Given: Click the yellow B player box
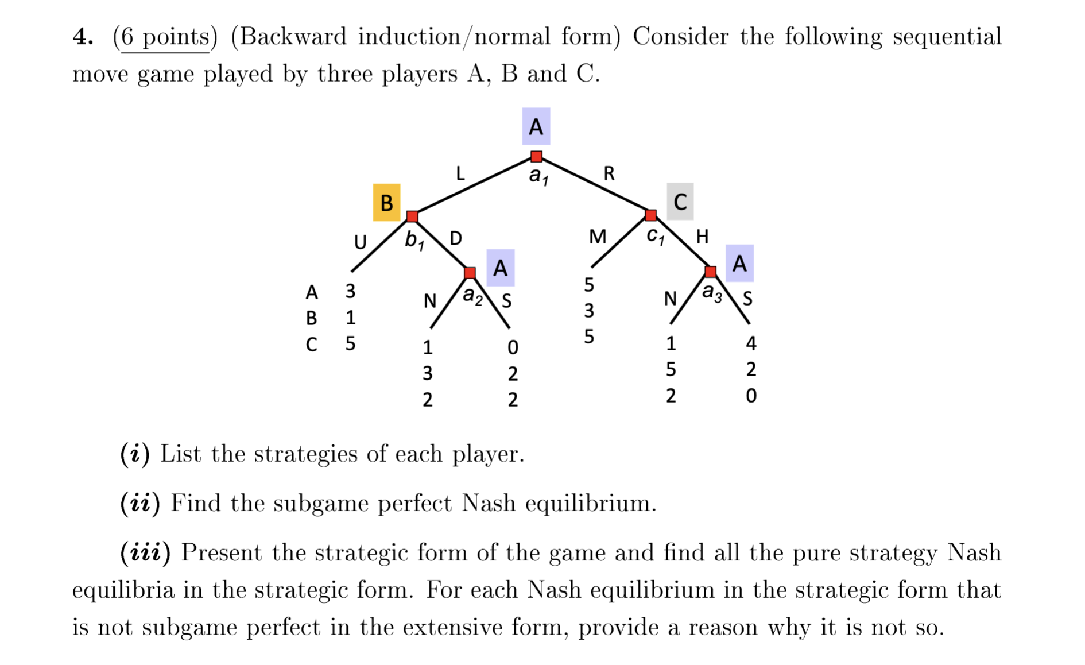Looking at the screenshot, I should [386, 203].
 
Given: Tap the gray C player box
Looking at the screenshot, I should [680, 202].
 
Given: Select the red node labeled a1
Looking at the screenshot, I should [536, 156].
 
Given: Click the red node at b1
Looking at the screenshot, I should [412, 216].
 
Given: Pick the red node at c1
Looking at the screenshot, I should [650, 215].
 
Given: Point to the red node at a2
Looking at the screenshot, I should [470, 272].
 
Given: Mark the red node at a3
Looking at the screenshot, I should [710, 271].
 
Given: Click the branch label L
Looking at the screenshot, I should [460, 173].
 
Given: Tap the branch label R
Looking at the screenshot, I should [609, 173].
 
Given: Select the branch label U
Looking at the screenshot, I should [360, 242].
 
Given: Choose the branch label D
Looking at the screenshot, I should [455, 238].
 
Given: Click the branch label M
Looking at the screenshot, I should [598, 237].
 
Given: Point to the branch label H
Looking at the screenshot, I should [702, 236].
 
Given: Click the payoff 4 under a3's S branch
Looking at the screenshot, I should [751, 343].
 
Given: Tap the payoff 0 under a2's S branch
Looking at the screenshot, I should [513, 347].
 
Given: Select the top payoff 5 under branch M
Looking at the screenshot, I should [589, 285].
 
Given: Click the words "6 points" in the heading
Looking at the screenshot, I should [165, 37].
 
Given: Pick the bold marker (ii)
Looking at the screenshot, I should [140, 504].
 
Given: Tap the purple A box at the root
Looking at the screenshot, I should [536, 126].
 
